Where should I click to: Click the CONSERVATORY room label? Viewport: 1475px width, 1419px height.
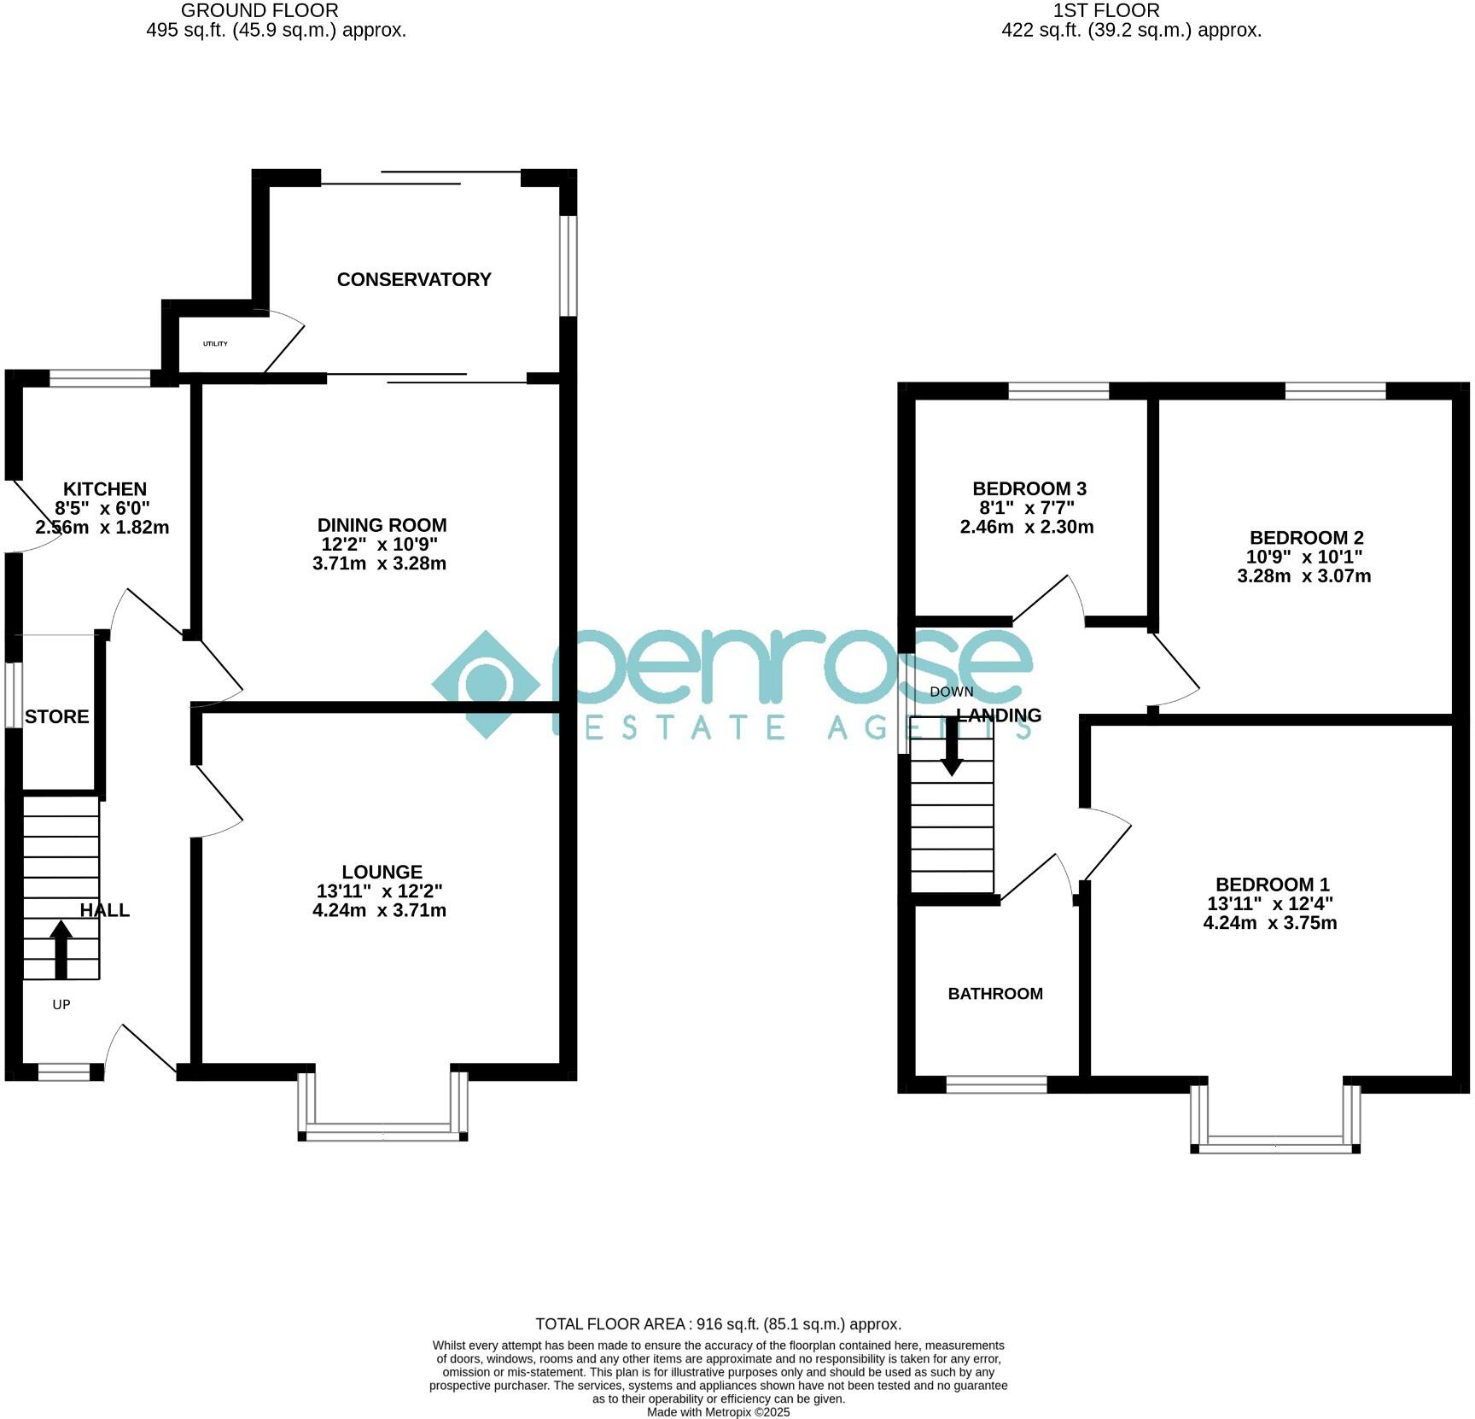pos(414,280)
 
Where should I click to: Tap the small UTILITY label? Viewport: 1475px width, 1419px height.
pos(215,344)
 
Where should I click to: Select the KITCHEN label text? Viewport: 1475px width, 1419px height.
pos(105,489)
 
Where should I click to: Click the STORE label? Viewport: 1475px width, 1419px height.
pos(56,717)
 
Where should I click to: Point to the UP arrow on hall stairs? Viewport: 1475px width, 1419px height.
pos(61,949)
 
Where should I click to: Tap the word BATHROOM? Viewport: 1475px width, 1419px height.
pos(995,994)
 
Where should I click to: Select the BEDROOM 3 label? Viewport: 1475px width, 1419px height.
pos(1029,489)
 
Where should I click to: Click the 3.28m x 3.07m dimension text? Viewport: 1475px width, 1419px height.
pos(1303,576)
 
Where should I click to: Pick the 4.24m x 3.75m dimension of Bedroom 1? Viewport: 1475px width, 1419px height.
pos(1269,923)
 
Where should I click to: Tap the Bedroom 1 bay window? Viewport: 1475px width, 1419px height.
pos(1275,1144)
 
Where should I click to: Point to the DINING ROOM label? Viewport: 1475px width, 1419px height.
pos(382,526)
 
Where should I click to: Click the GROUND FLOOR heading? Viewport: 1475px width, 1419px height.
pos(259,11)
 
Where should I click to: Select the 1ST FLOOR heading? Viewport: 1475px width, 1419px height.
pos(1105,11)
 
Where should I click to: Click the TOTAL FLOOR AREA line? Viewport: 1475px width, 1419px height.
pos(718,1324)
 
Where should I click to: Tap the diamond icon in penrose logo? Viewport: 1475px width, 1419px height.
pos(487,684)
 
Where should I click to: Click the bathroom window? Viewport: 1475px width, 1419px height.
pos(996,1084)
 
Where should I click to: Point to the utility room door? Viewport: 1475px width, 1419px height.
pos(284,342)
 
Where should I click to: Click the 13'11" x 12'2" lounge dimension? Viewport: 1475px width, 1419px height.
pos(379,891)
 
